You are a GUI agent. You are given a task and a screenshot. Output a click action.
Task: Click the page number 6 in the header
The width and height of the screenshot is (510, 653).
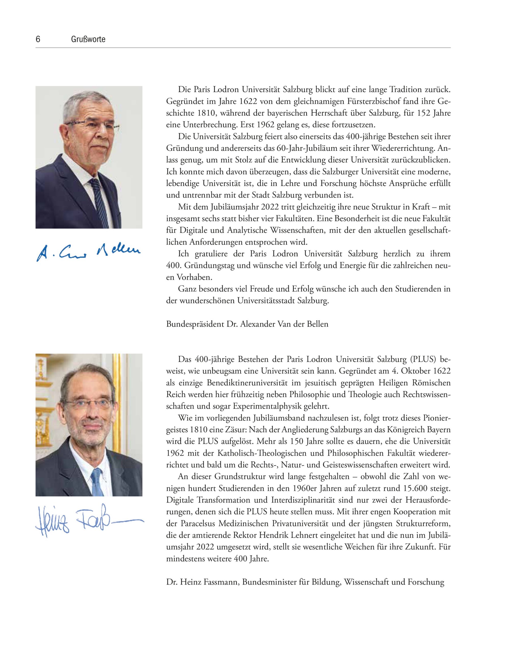38,39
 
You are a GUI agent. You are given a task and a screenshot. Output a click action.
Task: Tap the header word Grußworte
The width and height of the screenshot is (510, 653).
88,39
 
